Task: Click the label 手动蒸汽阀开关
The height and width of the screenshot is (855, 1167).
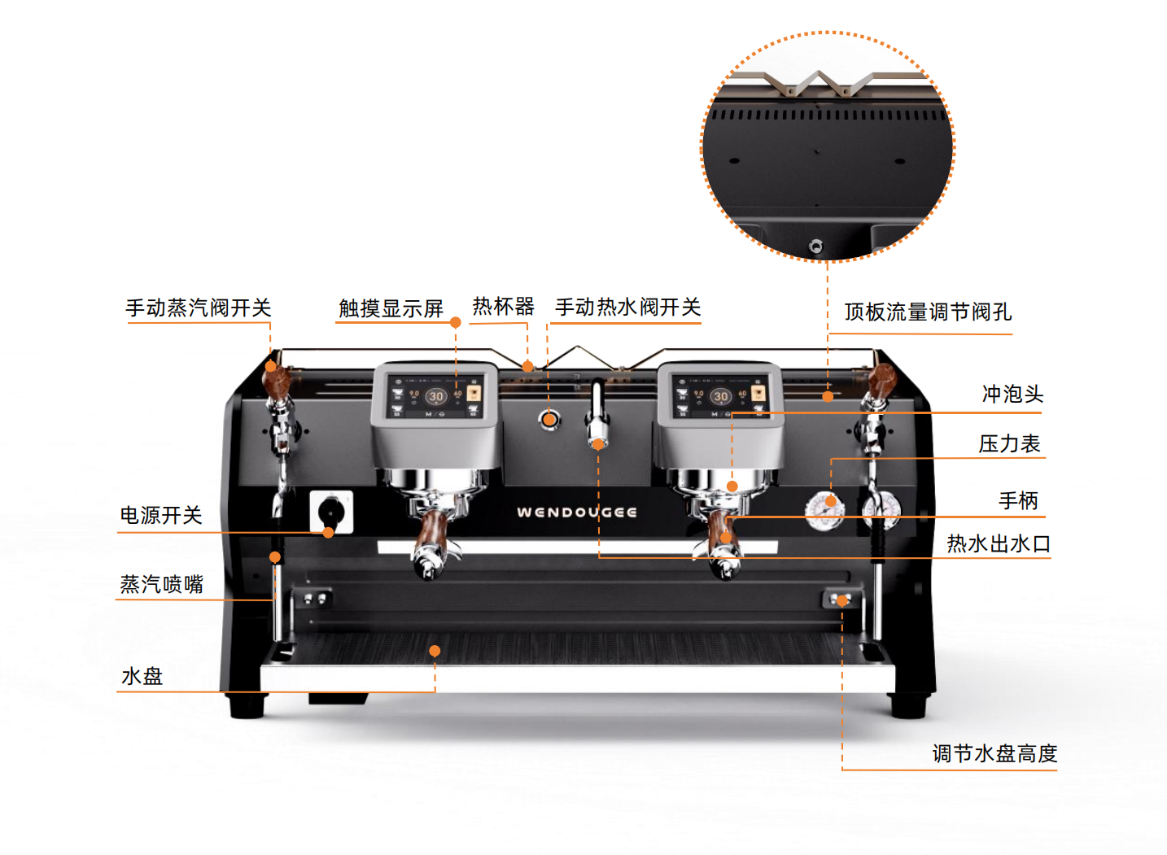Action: click(x=199, y=308)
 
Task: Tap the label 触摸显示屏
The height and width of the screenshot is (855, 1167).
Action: click(x=391, y=308)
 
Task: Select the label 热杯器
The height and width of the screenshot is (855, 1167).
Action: click(x=503, y=306)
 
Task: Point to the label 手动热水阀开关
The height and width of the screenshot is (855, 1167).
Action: click(x=627, y=307)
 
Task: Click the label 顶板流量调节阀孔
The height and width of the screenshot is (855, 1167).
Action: click(x=928, y=312)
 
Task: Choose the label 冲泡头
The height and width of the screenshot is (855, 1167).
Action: click(x=1013, y=394)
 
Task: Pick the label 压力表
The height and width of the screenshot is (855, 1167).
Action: click(x=1009, y=443)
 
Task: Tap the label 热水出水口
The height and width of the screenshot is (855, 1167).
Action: click(x=999, y=543)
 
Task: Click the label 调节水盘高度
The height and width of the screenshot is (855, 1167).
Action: click(x=994, y=753)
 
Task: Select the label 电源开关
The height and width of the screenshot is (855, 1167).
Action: click(x=161, y=515)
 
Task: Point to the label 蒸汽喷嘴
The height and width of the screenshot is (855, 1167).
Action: click(x=161, y=584)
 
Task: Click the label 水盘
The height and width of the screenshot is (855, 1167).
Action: click(x=142, y=676)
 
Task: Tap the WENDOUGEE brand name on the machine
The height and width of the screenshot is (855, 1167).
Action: click(x=577, y=512)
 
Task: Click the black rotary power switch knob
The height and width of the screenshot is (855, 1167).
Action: click(x=331, y=511)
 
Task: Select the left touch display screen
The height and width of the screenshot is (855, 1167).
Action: click(x=435, y=397)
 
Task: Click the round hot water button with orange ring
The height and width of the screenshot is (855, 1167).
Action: click(x=549, y=419)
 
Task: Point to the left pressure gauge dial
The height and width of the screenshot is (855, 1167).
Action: click(x=824, y=511)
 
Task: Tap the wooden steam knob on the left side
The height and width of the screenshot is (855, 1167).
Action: click(x=276, y=378)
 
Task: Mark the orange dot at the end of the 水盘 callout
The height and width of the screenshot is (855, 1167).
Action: click(x=435, y=651)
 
